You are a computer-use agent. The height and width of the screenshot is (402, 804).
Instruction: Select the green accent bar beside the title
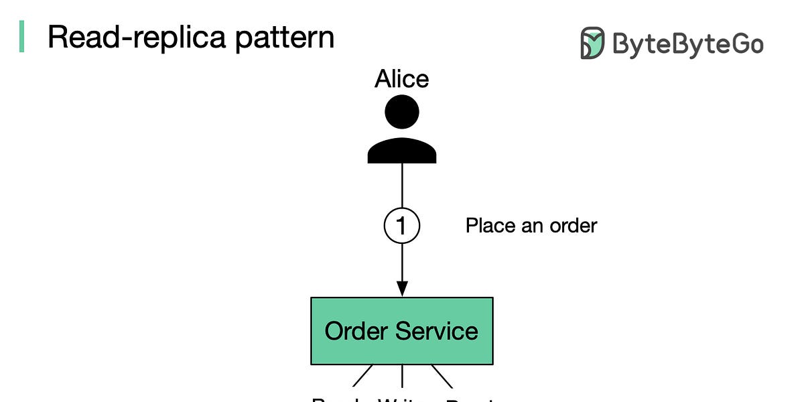(21, 36)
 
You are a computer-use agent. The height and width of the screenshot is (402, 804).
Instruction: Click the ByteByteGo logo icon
(592, 44)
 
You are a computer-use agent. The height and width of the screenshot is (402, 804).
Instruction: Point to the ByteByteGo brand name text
(687, 45)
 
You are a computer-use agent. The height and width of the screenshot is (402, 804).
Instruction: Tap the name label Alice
(402, 79)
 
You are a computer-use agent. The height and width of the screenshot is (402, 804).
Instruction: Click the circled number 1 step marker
(402, 226)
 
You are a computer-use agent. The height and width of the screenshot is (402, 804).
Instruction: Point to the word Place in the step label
(488, 226)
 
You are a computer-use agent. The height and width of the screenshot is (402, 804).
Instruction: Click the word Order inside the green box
(355, 331)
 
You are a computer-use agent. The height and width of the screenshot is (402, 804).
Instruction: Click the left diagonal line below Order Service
(363, 375)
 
